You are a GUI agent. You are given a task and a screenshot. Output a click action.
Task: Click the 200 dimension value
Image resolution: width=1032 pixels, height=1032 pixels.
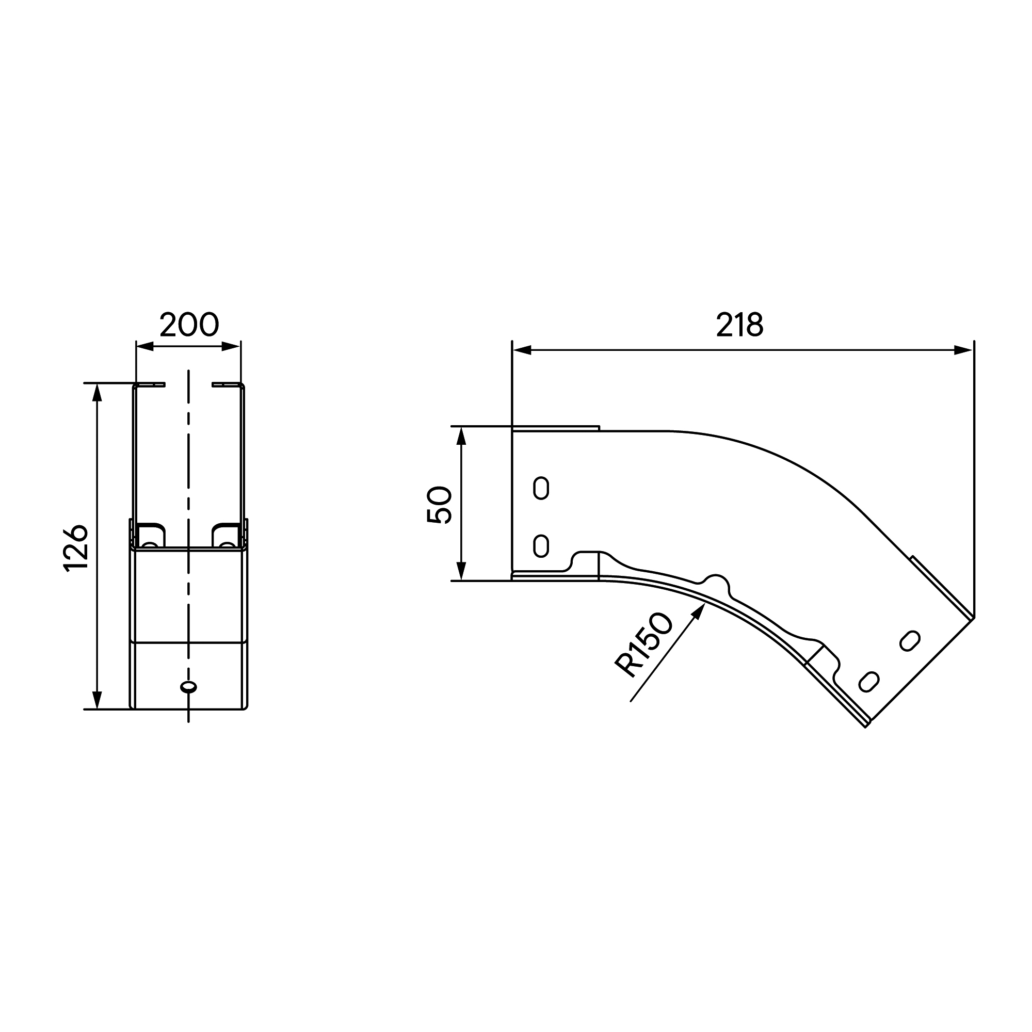189,324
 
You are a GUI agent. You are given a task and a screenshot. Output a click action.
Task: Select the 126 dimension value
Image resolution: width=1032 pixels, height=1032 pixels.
76,548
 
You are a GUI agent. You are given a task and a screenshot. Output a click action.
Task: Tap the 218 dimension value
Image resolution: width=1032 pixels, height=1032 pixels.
740,324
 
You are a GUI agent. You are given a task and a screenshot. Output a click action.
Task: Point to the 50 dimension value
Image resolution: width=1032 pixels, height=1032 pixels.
440,504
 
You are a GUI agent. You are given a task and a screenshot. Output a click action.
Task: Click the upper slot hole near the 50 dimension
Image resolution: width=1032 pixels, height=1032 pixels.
541,488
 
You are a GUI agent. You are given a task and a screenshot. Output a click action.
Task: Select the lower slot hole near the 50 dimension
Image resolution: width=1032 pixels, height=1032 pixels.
541,546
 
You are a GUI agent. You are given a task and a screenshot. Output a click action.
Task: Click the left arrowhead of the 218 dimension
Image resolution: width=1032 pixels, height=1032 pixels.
522,350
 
